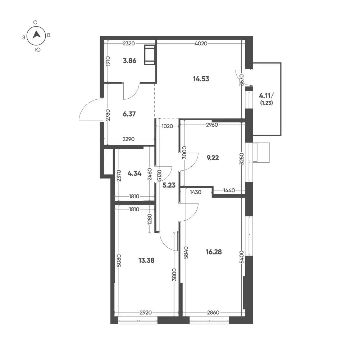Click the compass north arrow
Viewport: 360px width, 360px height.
(x=36, y=35)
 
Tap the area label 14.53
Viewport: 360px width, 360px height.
(x=201, y=79)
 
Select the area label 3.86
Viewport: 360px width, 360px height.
(x=129, y=61)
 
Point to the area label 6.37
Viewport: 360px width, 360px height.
(x=129, y=114)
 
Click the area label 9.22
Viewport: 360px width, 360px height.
(x=213, y=158)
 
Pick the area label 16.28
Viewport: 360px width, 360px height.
(x=214, y=252)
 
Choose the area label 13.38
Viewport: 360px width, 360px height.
(x=146, y=260)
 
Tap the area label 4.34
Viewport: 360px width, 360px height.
(x=134, y=173)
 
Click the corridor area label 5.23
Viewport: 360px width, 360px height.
(x=169, y=185)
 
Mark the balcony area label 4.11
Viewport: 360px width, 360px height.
(x=266, y=96)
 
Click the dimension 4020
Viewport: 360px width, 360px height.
(x=201, y=44)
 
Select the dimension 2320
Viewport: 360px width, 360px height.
(x=129, y=44)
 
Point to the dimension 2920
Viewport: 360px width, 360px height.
(x=146, y=312)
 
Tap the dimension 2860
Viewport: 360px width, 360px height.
(x=213, y=312)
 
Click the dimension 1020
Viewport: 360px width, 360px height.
(x=167, y=126)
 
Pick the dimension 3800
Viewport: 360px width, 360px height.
(x=174, y=274)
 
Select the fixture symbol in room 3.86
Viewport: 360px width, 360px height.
(x=149, y=55)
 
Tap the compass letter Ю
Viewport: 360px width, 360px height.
(x=38, y=50)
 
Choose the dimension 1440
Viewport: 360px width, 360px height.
(x=229, y=190)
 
